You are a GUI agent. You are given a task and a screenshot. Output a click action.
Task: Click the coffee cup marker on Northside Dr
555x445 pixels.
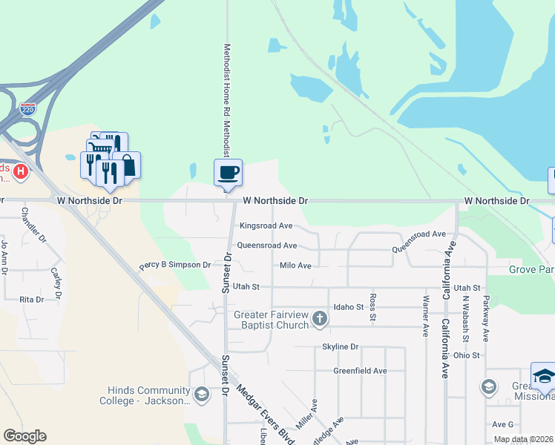229,172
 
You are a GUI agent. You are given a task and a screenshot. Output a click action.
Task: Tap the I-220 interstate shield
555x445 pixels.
27,108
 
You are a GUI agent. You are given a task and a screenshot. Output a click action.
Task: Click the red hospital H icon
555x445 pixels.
21,172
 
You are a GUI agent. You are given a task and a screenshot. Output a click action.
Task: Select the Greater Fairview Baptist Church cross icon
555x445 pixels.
320,319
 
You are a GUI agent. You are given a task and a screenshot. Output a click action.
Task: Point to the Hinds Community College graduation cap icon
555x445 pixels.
201,394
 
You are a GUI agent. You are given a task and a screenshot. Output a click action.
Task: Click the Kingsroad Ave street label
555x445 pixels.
266,225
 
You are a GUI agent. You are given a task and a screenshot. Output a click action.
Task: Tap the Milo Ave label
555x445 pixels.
295,265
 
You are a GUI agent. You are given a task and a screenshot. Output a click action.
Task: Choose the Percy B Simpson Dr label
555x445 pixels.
175,265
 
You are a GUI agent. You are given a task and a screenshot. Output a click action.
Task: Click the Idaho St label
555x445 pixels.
349,306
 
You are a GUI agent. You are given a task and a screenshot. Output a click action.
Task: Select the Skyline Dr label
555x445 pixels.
340,346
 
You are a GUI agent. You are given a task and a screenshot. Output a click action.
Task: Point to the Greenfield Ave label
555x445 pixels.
360,371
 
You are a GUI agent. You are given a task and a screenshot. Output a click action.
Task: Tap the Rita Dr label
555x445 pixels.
32,299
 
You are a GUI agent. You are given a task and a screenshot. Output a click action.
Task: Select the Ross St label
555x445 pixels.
372,308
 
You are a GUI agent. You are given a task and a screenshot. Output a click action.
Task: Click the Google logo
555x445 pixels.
24,436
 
